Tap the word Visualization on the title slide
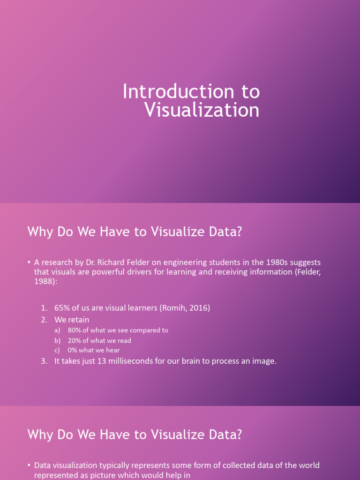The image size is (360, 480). tap(202, 111)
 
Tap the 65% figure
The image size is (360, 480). tap(62, 308)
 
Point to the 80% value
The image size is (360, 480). tap(75, 330)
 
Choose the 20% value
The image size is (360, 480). tap(75, 340)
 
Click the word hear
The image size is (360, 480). tap(112, 350)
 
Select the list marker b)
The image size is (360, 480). tap(57, 340)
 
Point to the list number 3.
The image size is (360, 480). tap(43, 361)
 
